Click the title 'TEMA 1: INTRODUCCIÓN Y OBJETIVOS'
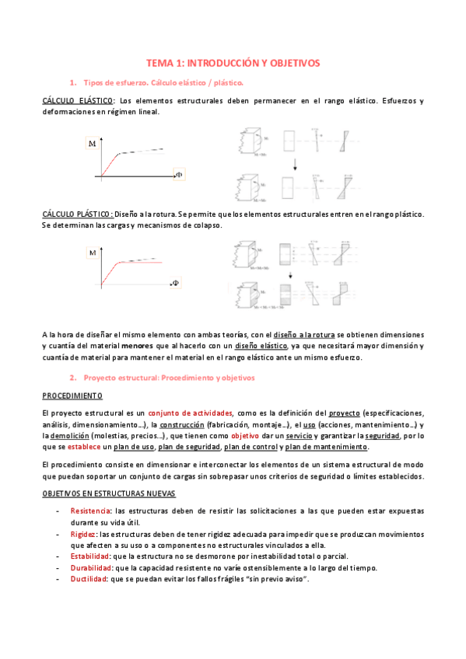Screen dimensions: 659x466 click(233, 62)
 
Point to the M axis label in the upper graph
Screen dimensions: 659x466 click(93, 144)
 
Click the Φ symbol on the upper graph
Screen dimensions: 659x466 click(178, 175)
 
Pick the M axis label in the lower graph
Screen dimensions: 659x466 click(93, 253)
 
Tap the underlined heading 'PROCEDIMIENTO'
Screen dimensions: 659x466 click(68, 395)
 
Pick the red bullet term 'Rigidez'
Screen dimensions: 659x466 click(84, 535)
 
